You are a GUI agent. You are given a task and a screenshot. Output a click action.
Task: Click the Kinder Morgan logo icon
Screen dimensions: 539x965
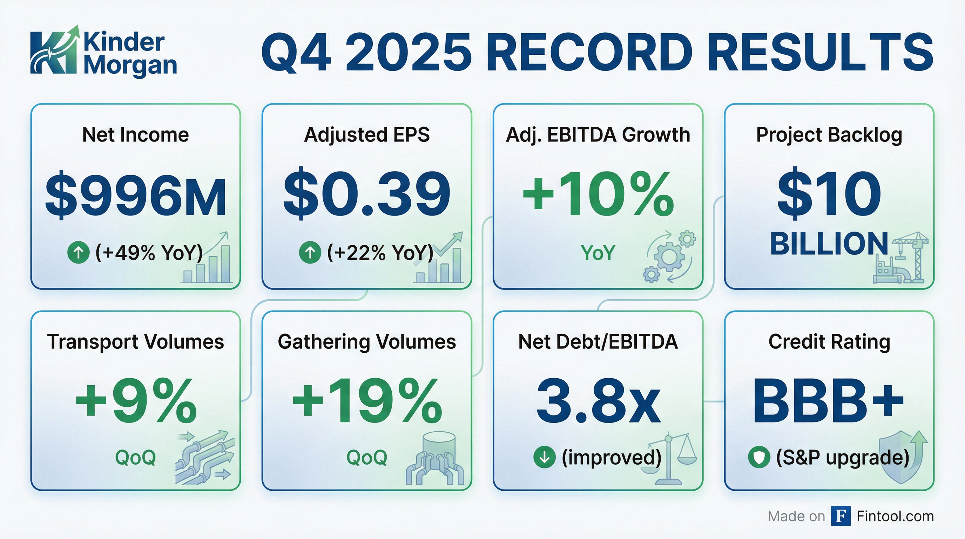click(55, 50)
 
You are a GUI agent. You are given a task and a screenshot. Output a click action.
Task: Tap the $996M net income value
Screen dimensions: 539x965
click(136, 196)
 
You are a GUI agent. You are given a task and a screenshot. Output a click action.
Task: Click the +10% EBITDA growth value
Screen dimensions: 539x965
click(598, 195)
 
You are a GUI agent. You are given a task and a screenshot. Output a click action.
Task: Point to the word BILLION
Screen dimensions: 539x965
click(829, 244)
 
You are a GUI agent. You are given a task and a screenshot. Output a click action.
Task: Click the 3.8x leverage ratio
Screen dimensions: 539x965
click(598, 402)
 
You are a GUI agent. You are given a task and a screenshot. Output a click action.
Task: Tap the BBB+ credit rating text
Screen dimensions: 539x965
click(829, 402)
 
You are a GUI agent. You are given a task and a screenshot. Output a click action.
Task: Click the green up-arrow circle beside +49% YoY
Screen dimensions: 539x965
click(78, 252)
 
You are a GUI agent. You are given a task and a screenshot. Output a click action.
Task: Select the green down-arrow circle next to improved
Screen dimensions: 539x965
click(544, 457)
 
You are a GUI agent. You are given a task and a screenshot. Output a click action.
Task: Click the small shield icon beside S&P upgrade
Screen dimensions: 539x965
click(759, 457)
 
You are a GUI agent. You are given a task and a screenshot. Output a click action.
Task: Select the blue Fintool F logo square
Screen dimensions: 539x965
click(841, 516)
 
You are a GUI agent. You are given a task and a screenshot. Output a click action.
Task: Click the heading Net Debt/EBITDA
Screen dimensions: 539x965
click(598, 341)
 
